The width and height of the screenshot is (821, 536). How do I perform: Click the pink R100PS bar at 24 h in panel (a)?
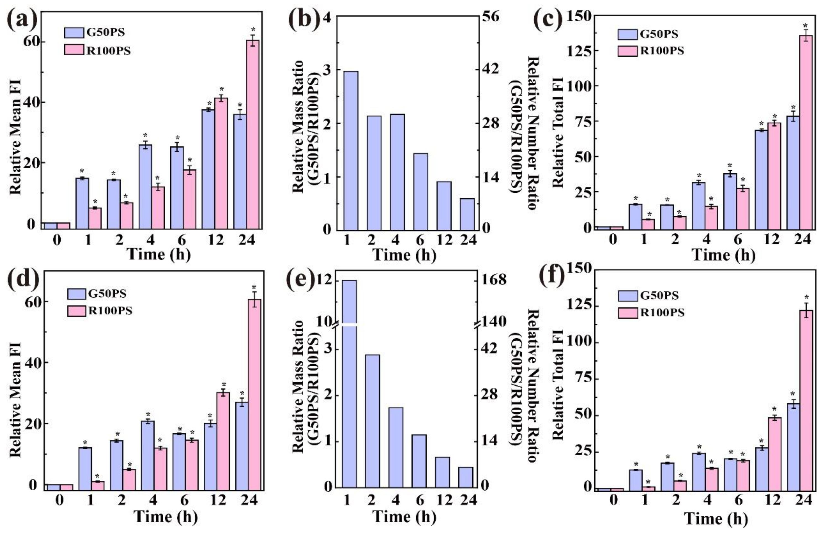tap(253, 135)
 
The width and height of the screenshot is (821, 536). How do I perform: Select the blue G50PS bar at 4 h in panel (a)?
tap(145, 187)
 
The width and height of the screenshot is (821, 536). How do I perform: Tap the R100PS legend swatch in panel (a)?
tap(74, 50)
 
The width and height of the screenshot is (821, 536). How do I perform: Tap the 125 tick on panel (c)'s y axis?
tap(578, 51)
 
